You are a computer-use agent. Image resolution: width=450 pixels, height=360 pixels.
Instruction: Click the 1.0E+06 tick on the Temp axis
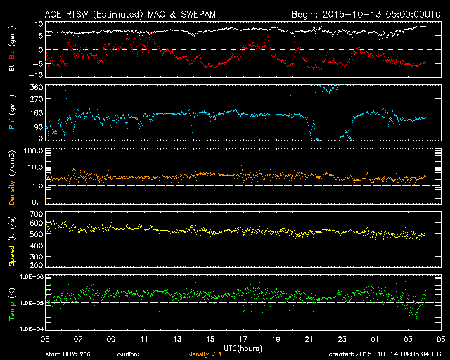click(x=30, y=277)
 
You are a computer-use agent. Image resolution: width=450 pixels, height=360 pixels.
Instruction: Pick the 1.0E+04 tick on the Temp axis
click(x=30, y=329)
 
